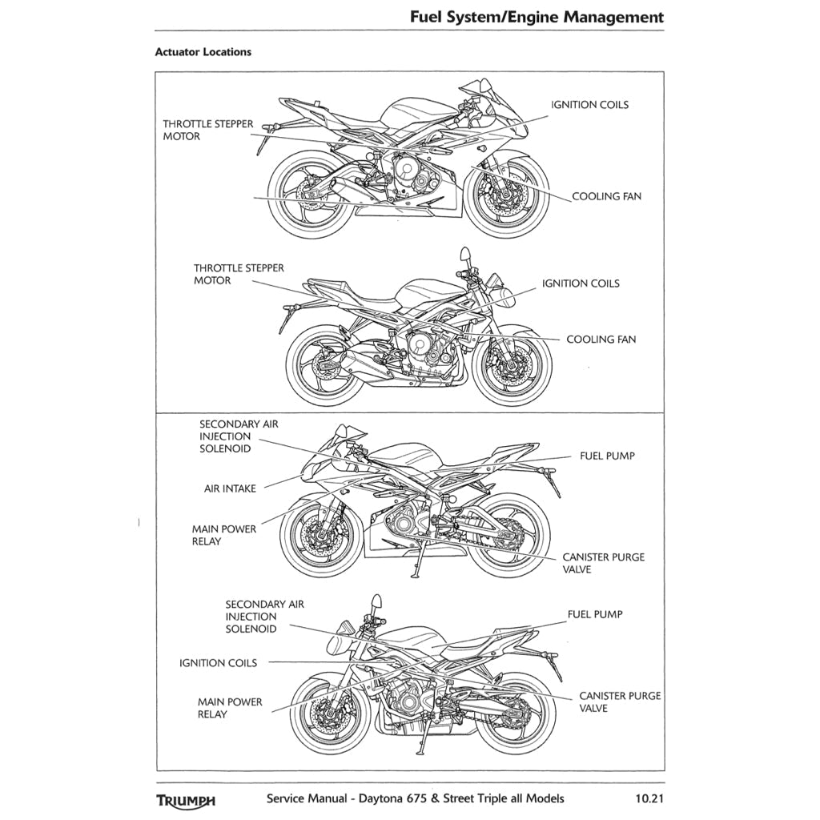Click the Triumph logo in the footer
click(186, 799)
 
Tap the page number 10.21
click(649, 798)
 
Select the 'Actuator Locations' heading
click(203, 52)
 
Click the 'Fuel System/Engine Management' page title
click(536, 17)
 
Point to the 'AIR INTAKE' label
click(230, 488)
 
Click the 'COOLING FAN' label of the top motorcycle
click(606, 196)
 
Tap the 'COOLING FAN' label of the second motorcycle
click(601, 340)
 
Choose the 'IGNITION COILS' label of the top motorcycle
click(589, 105)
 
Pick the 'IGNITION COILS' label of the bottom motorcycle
click(218, 663)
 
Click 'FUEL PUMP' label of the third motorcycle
click(607, 456)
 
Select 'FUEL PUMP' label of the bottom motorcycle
click(595, 614)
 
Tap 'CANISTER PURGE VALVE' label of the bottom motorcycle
click(620, 702)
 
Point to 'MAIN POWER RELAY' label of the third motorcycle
click(224, 535)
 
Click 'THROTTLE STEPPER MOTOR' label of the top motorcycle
click(208, 131)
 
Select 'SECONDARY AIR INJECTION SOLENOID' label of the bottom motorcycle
click(264, 617)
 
